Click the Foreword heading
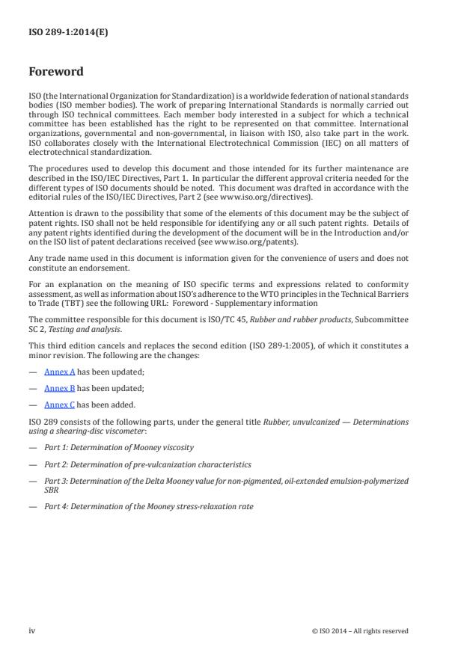pos(56,73)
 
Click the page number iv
pos(32,630)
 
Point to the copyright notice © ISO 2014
pos(360,631)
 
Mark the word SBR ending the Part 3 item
pos(50,490)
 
